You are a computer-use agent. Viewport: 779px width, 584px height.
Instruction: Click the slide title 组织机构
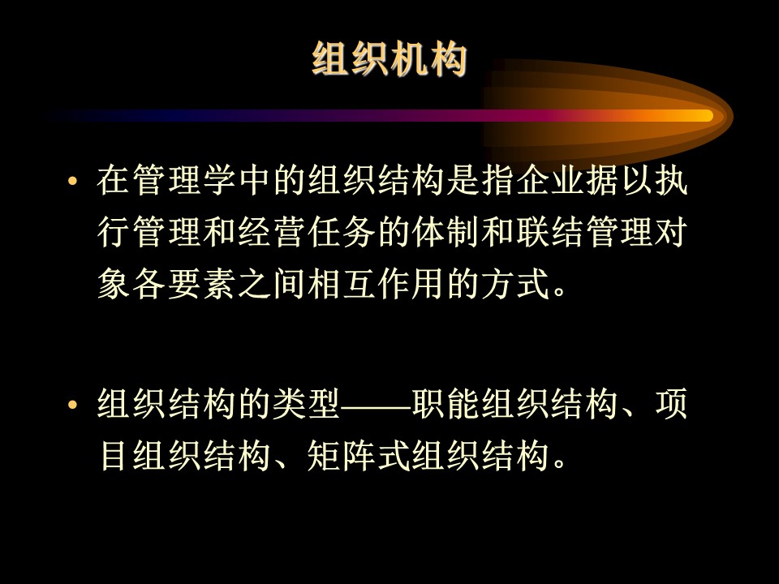pos(389,58)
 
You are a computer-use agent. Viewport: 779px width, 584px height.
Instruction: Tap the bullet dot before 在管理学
pos(72,181)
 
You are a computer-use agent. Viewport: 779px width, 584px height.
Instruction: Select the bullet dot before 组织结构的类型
pos(72,405)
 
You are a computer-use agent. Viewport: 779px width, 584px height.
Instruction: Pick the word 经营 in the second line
pos(271,232)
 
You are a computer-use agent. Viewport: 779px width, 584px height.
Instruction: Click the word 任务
pos(341,232)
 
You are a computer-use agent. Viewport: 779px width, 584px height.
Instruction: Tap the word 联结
pos(550,232)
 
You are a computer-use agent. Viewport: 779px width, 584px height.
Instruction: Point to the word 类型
pos(306,403)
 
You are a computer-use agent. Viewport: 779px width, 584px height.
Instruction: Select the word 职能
pos(445,403)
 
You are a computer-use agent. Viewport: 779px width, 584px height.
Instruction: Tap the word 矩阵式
pos(358,455)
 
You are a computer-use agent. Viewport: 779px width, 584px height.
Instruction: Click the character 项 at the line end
pos(672,403)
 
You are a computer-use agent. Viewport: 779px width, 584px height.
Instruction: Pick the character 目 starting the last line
pos(114,455)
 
